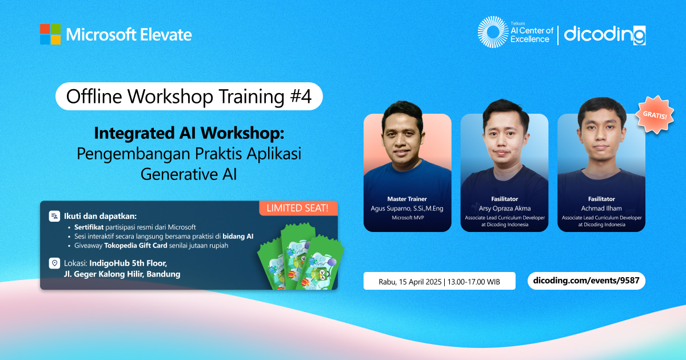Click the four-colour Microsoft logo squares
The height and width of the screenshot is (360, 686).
click(50, 34)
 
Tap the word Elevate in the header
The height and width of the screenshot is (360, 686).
click(166, 35)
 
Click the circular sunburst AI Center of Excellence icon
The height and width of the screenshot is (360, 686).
click(493, 32)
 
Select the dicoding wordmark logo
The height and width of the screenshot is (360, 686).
click(605, 35)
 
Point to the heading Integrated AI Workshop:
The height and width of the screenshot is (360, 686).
click(189, 133)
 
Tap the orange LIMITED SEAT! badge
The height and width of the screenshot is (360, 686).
click(298, 208)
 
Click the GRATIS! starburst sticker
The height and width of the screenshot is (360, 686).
click(655, 115)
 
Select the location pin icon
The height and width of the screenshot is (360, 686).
click(54, 263)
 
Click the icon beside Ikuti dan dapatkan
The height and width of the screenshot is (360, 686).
click(54, 216)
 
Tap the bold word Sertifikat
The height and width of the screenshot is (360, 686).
click(89, 227)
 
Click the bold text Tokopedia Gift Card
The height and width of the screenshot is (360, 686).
click(135, 246)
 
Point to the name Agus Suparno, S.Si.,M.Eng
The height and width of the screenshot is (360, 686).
click(407, 209)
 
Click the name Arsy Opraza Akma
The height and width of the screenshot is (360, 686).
click(504, 209)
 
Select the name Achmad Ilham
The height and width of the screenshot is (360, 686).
click(601, 209)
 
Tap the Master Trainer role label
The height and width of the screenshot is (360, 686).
click(407, 199)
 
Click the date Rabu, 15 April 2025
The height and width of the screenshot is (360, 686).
click(410, 282)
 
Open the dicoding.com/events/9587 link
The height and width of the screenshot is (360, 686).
click(586, 281)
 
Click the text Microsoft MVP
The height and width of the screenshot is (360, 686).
click(408, 218)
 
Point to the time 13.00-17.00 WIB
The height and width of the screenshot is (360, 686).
click(473, 282)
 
